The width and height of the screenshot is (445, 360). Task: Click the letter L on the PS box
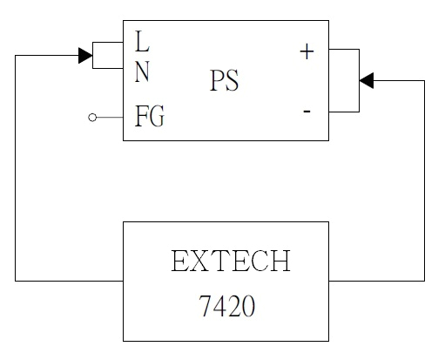(x=142, y=42)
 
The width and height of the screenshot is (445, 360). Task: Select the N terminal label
(x=142, y=71)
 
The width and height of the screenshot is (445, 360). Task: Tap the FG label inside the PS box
(x=149, y=116)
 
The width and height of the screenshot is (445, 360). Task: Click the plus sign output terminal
(x=306, y=51)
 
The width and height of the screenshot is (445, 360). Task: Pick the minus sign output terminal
(x=307, y=112)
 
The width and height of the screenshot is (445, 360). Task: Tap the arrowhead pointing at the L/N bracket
(x=85, y=56)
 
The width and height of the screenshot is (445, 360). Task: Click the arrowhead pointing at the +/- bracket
(x=366, y=80)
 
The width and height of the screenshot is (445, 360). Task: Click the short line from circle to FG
(x=110, y=117)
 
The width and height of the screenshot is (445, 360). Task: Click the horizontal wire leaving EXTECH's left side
(x=70, y=281)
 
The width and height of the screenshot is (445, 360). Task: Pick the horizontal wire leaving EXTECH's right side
(x=376, y=281)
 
